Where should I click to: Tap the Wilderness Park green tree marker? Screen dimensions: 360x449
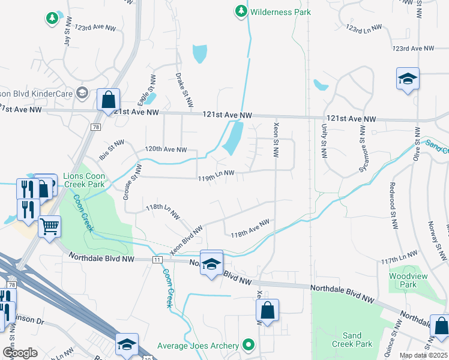point(241,11)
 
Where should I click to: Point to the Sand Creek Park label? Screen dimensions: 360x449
point(352,340)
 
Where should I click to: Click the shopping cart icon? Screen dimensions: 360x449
point(49,226)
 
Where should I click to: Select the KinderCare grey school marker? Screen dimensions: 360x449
point(83,93)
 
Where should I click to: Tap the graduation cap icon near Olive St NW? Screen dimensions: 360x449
point(408,79)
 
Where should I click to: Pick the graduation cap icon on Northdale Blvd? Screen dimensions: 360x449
point(211,263)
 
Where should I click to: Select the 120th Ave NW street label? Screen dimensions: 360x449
point(166,149)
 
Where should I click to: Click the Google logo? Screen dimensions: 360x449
point(20,353)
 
